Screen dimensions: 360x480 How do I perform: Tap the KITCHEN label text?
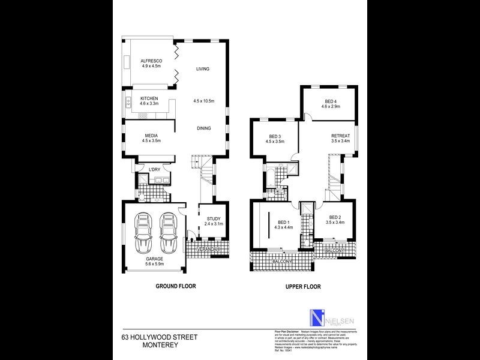tap(149, 98)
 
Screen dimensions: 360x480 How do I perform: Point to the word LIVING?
tap(203, 70)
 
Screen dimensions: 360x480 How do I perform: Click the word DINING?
tap(204, 128)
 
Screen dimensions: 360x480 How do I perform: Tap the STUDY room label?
tap(214, 218)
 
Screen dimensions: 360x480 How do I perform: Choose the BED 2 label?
tap(334, 218)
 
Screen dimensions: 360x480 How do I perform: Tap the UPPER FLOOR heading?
tap(302, 287)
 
